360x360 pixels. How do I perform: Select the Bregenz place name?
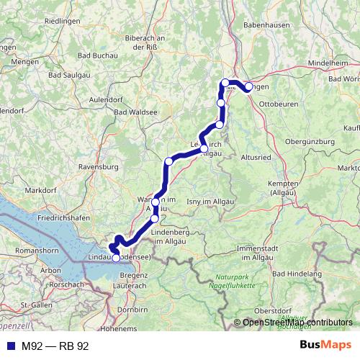133,276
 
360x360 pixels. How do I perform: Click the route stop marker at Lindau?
116,258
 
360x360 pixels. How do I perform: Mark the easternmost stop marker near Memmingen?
248,87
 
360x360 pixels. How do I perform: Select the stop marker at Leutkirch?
204,149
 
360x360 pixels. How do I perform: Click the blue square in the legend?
9,346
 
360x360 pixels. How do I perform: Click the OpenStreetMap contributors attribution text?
297,323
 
